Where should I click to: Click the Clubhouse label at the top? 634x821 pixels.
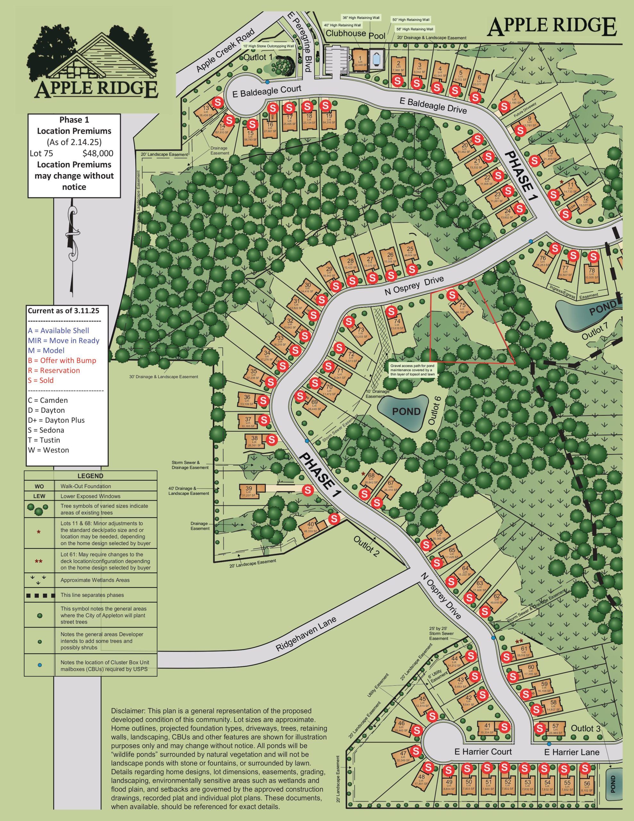click(x=346, y=33)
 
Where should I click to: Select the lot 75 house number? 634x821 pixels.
click(x=462, y=305)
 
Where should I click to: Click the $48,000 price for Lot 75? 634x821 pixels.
click(x=98, y=153)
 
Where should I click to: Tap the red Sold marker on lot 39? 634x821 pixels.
click(x=308, y=490)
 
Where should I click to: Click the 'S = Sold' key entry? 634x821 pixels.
click(x=41, y=380)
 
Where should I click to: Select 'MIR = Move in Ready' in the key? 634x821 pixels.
click(x=63, y=341)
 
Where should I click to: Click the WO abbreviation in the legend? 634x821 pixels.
click(x=39, y=486)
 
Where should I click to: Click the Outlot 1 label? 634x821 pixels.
click(x=257, y=57)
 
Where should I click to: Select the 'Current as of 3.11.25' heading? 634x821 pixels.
click(x=63, y=311)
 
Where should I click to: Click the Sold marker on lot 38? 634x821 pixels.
click(x=271, y=439)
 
